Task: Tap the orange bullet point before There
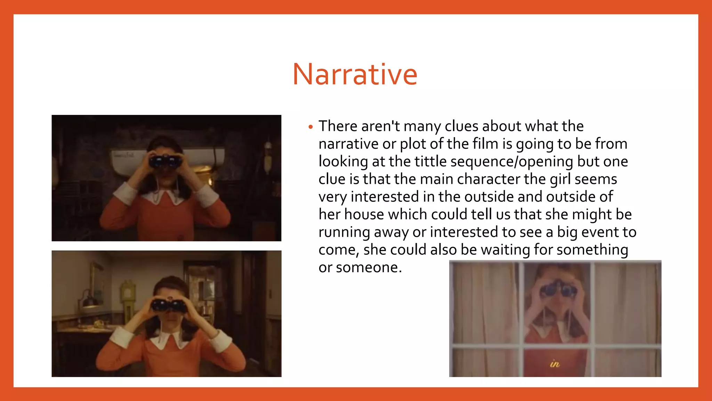(x=310, y=127)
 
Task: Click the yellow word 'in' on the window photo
(x=555, y=364)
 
